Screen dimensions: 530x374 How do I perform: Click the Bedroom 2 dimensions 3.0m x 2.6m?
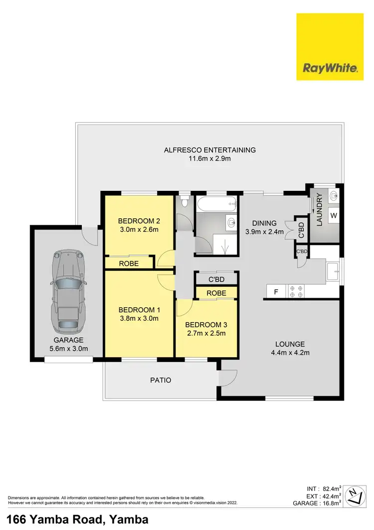138,230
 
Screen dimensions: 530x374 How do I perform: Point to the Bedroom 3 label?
206,324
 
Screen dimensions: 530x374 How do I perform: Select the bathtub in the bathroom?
216,204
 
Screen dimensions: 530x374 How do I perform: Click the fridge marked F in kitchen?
275,291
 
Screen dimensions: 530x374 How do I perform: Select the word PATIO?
161,380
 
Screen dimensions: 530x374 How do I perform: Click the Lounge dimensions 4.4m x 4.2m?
290,353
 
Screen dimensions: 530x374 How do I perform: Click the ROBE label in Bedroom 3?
216,293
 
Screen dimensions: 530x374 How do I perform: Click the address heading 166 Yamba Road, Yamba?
77,520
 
